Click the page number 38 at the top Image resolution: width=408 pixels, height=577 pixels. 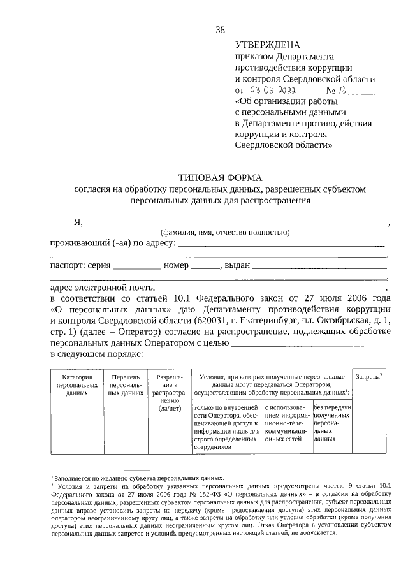click(220, 29)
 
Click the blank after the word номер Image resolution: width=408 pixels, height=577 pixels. click(204, 267)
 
